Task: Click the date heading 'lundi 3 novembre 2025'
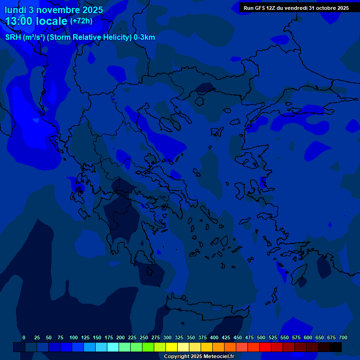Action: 54,10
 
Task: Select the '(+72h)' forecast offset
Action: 81,21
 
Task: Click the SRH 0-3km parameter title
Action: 80,37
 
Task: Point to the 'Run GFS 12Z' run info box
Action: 296,7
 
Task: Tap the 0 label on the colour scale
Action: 24,337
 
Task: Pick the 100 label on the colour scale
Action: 73,337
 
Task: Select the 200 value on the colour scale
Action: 120,337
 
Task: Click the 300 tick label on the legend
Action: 167,337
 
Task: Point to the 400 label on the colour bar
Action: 214,337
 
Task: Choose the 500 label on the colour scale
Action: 261,337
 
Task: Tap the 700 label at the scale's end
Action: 343,337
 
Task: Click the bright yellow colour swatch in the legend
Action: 172,347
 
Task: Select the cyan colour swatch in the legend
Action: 113,347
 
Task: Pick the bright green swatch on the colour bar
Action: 148,347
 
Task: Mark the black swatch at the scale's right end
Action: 336,347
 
